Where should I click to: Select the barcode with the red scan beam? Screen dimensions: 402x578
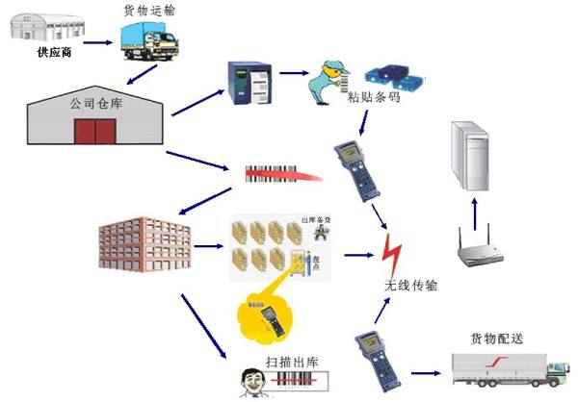click(275, 174)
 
